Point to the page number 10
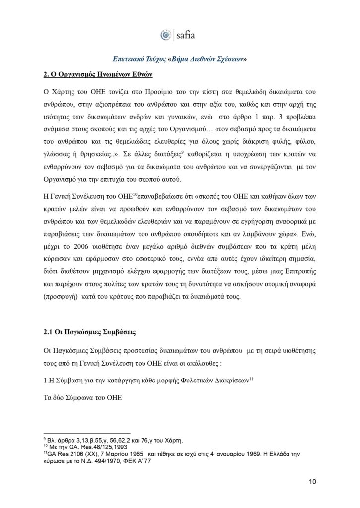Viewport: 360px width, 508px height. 312,481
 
